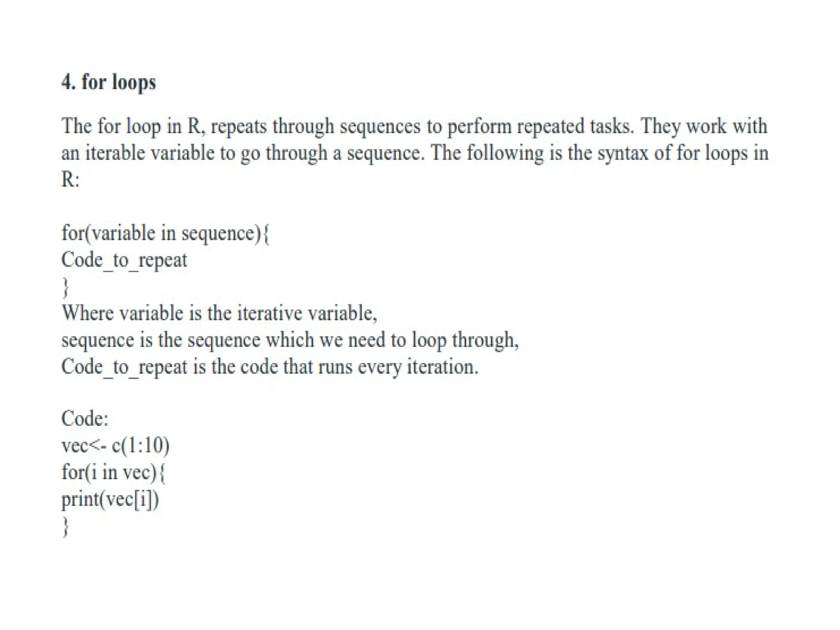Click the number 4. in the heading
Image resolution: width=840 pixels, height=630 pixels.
click(x=68, y=82)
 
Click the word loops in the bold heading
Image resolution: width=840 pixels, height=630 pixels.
click(x=134, y=82)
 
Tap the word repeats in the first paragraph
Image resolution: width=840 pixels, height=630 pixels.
click(x=239, y=126)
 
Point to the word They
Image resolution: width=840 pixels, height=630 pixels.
click(x=660, y=126)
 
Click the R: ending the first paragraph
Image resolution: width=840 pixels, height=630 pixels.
click(x=70, y=179)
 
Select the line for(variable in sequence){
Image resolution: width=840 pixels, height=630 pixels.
click(x=165, y=233)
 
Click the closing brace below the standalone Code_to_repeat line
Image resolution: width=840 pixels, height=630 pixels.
click(x=65, y=287)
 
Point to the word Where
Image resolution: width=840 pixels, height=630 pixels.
click(x=87, y=313)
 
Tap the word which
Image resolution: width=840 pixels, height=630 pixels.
click(x=290, y=340)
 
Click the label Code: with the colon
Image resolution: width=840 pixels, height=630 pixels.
click(x=85, y=419)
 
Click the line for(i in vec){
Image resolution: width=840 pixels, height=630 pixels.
click(x=113, y=472)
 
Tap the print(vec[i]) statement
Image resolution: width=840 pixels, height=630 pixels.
click(x=110, y=499)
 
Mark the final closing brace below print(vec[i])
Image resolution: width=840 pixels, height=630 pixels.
click(x=65, y=527)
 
